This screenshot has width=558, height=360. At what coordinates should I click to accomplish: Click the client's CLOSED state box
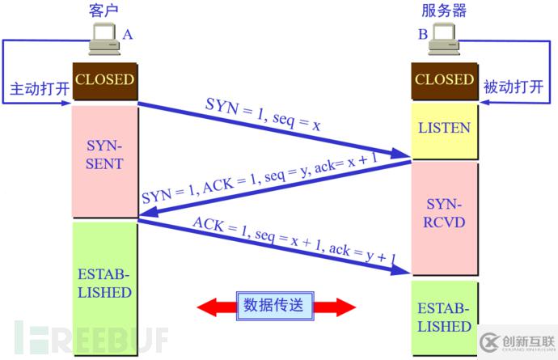(104, 81)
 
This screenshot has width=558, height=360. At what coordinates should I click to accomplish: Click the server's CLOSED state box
(444, 81)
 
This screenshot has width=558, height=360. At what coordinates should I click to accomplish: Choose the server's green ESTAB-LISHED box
(444, 318)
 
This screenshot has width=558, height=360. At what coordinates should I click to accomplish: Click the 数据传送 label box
(275, 306)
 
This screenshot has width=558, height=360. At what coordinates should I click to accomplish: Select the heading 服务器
(443, 11)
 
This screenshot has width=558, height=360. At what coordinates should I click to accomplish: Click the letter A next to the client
(127, 35)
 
